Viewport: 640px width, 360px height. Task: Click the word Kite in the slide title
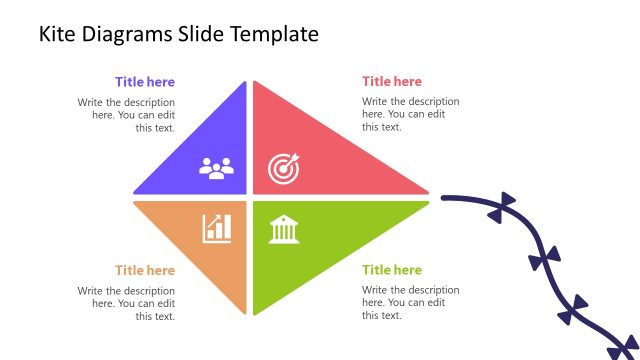pos(56,34)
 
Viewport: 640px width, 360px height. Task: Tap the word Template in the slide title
pos(275,34)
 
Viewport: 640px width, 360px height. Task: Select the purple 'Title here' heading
pos(144,82)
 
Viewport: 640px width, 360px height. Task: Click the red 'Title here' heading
pos(392,82)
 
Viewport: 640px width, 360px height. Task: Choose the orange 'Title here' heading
pos(144,270)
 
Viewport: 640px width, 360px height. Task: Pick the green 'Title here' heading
pos(392,270)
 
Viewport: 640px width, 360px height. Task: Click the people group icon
pos(215,168)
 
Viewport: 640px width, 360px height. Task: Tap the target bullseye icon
pos(283,170)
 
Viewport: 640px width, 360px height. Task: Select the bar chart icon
pos(216,228)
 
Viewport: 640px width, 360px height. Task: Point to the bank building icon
pos(283,230)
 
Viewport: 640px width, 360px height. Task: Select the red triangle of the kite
pos(320,150)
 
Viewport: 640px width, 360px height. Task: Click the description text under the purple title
pos(126,114)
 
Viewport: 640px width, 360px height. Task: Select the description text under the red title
pos(410,114)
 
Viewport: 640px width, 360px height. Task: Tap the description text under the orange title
pos(126,303)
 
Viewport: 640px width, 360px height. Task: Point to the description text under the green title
pos(410,303)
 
